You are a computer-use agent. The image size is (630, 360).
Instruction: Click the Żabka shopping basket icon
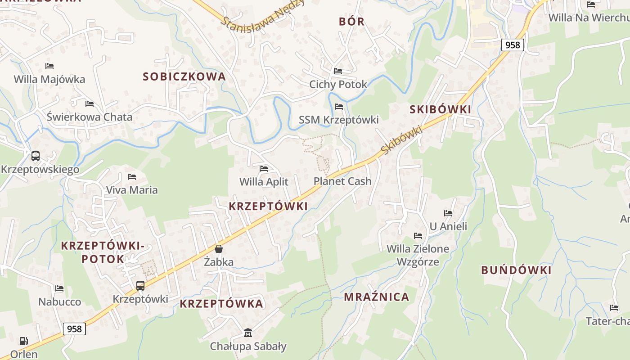(219, 249)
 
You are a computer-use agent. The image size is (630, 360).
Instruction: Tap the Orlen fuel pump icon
(23, 341)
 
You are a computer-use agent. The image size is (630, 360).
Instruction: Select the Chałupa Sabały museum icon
(248, 333)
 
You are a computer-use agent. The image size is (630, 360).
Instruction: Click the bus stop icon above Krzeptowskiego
(36, 156)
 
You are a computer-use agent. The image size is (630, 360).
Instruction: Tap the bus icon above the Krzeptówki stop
(140, 285)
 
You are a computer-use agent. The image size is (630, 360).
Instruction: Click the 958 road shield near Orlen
(74, 329)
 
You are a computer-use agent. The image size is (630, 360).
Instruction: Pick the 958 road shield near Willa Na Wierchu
(513, 45)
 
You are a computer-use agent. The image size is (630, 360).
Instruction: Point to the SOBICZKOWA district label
(184, 76)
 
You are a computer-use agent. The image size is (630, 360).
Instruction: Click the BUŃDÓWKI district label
(516, 270)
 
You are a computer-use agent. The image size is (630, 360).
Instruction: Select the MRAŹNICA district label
(377, 297)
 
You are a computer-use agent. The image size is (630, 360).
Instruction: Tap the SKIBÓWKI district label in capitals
(440, 109)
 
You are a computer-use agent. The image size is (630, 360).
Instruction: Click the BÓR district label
(351, 22)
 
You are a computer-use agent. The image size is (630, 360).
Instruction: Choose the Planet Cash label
(342, 181)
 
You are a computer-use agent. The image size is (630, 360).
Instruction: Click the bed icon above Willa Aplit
(264, 169)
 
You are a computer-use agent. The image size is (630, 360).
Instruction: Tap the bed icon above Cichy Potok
(338, 71)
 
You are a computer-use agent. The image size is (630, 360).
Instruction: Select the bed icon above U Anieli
(448, 213)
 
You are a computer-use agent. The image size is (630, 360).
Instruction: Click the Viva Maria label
(132, 190)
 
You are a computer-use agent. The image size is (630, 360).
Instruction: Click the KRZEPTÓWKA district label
(221, 304)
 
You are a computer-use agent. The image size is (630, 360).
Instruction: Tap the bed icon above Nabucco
(59, 288)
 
